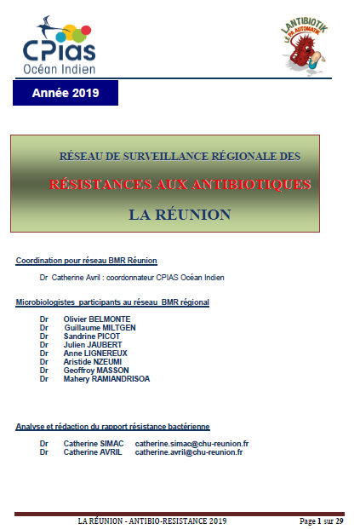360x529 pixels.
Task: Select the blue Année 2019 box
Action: point(66,92)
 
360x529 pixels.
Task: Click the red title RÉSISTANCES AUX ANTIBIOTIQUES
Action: point(180,184)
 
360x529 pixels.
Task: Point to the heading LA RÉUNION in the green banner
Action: point(180,215)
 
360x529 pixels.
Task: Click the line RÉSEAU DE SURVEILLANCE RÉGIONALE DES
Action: point(180,157)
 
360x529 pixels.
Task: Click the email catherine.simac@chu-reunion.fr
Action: point(191,443)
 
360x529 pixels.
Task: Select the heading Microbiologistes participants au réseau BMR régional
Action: point(112,302)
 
